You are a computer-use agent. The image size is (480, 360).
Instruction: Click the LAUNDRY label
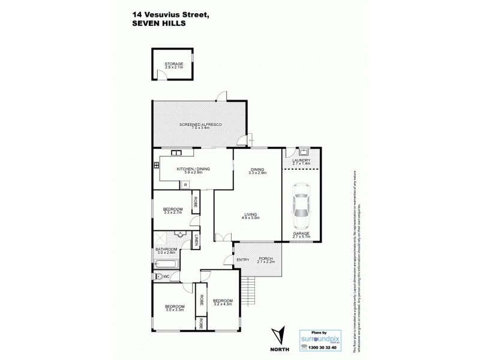pos(301,160)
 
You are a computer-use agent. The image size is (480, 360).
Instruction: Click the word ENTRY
pos(242,259)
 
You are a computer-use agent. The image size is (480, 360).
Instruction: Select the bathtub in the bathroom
pos(166,264)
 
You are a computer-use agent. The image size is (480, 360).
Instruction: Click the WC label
pos(166,277)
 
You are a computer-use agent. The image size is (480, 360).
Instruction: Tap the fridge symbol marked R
pos(186,185)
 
